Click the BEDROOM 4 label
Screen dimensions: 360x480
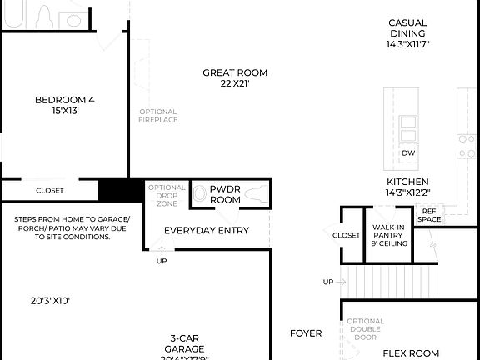(64, 100)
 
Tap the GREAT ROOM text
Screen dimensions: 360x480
(235, 72)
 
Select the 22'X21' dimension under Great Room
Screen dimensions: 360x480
(235, 84)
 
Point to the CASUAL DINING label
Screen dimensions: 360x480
(407, 28)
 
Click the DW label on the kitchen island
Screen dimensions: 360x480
(408, 153)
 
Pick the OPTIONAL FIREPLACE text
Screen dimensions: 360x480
(157, 116)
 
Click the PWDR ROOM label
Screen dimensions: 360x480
(225, 194)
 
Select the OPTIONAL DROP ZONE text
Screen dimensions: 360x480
(167, 195)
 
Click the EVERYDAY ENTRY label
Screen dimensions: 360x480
(207, 230)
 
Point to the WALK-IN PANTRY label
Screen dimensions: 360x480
(389, 232)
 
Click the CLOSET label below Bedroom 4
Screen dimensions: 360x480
(49, 191)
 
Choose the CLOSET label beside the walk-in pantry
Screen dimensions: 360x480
(346, 236)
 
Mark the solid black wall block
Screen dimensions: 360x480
(121, 190)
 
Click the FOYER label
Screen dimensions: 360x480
(306, 333)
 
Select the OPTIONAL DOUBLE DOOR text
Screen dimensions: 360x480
(365, 329)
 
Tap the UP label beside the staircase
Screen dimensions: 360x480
(328, 282)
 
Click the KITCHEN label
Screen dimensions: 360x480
(407, 182)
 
